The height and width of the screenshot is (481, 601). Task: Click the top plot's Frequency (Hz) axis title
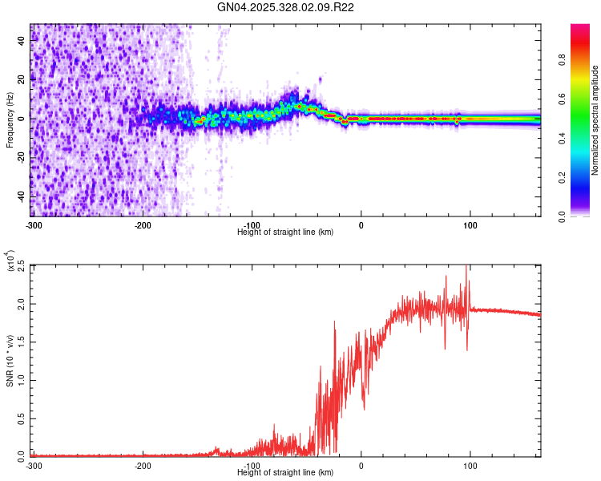pyautogui.click(x=10, y=120)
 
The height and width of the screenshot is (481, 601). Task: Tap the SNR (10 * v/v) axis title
pyautogui.click(x=10, y=359)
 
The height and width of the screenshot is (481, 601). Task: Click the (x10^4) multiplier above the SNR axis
pyautogui.click(x=11, y=260)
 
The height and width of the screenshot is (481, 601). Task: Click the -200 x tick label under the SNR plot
pyautogui.click(x=143, y=465)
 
